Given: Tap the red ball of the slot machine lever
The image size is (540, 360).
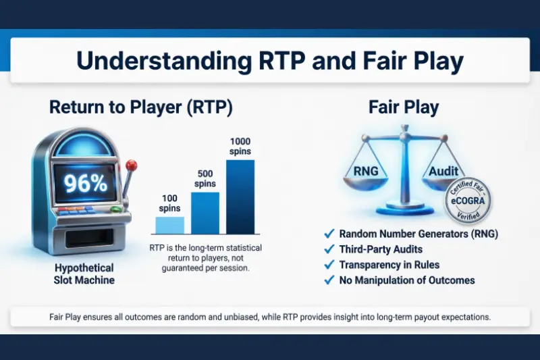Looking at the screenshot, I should pos(132,164).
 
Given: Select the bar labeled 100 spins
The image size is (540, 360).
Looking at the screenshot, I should pos(169,225).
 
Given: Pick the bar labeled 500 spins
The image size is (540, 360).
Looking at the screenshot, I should pos(205,213).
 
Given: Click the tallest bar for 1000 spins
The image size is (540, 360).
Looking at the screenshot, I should pos(240,197).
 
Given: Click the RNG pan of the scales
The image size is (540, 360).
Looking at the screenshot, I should pos(366,173).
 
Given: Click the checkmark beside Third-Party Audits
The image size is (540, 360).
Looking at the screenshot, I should pos(329,249).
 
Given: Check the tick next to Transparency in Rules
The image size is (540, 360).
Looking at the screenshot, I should pos(329,265).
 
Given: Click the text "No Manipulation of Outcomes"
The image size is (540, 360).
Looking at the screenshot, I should pos(408,280).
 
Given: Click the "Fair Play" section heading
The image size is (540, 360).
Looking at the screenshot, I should pos(404,107).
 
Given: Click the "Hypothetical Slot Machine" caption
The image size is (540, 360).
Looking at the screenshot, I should pos(84,274).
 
